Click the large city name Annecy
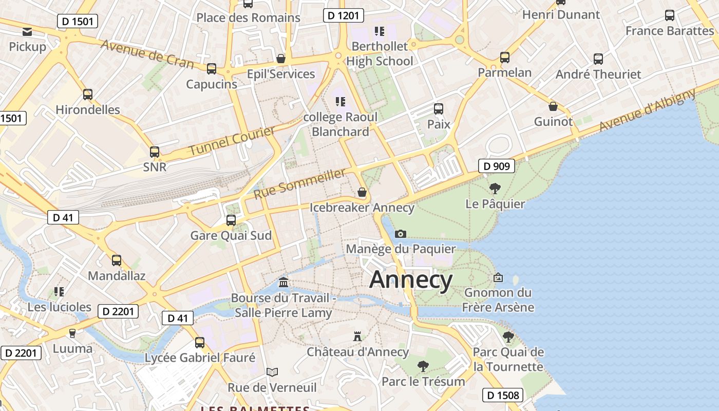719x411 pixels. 411,280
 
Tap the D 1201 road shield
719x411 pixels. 344,15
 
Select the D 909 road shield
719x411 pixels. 497,166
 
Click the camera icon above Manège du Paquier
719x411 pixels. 401,234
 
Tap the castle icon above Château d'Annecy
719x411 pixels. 357,337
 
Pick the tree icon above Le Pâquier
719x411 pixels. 495,189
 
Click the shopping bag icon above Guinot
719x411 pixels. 553,106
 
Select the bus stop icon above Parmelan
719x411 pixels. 505,57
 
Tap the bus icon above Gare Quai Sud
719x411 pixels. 231,220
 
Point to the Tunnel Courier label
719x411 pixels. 232,141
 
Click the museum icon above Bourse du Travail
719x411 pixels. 283,283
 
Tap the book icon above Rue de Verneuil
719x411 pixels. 272,372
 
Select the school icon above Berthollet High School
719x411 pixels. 380,31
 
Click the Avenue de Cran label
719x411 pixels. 147,53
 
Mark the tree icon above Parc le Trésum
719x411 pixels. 423,366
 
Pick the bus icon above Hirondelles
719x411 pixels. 88,95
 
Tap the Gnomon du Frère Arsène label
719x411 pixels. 498,300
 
